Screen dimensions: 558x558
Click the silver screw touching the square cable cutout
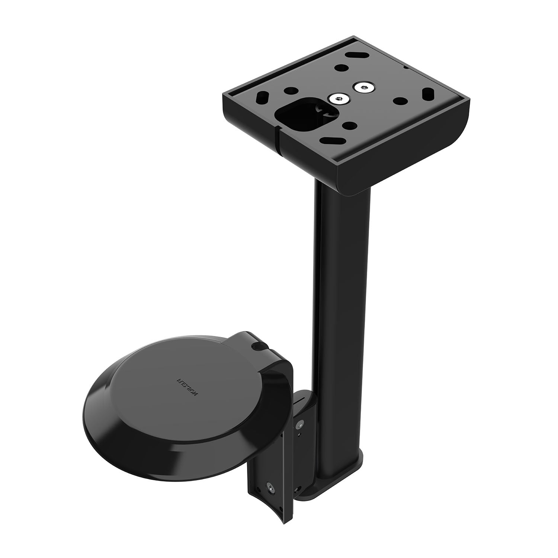tap(338, 99)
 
